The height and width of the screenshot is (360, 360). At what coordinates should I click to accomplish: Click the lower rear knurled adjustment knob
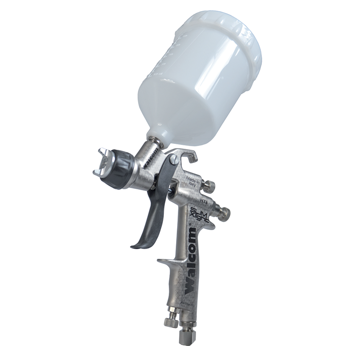tap(225, 213)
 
